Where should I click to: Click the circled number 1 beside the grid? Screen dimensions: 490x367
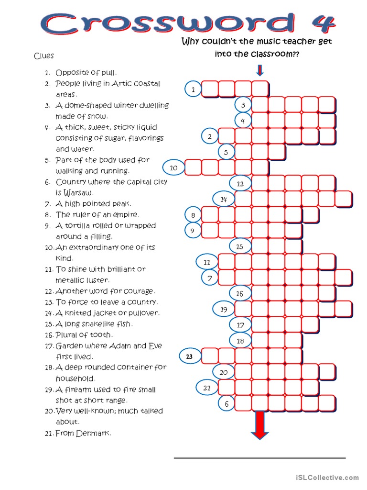pos(193,89)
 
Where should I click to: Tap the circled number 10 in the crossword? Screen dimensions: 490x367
pos(173,167)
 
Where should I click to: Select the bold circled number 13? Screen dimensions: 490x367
pos(189,356)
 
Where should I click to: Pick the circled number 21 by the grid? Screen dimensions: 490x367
pos(207,388)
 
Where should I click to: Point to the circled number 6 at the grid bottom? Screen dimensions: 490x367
pos(227,404)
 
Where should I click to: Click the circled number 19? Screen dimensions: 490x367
pos(224,310)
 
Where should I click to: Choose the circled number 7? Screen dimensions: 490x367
pos(209,278)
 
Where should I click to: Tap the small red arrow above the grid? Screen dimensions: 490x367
pos(259,71)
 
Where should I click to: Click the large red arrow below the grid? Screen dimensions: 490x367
pos(260,424)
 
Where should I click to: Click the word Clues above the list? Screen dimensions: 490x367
pos(43,56)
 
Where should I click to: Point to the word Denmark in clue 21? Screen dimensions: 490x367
pos(93,433)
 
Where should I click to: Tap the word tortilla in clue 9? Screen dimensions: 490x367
pos(82,225)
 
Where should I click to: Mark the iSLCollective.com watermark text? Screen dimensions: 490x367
pos(327,477)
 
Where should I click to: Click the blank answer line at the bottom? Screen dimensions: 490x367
pos(259,457)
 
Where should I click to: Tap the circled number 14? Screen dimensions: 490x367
pos(224,199)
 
